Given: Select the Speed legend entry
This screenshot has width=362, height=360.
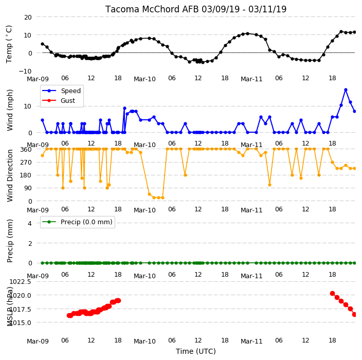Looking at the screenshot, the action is coord(61,91).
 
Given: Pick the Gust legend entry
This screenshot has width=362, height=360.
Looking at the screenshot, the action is coord(59,101).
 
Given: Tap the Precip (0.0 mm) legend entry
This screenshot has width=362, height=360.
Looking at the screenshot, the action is coord(77,222).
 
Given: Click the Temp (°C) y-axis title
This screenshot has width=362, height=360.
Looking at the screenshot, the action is coord(9,44).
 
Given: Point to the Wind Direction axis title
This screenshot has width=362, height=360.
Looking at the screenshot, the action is coord(10,175).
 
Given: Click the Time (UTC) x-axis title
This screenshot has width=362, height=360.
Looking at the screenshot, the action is coord(196,351).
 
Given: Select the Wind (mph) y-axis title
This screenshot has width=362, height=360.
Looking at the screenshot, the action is coord(10,110).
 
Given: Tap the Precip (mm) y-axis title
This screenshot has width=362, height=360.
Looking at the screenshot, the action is coord(10,241).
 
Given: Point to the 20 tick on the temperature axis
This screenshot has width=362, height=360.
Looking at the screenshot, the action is coord(28,17).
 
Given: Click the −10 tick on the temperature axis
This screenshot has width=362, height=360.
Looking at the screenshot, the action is coord(25,71).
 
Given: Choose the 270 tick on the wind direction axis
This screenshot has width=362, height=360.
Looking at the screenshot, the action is coord(26,163).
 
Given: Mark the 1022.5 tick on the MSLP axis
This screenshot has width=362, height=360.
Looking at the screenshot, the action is coord(20,282).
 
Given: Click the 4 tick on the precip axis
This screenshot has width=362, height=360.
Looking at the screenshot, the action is coord(30,223).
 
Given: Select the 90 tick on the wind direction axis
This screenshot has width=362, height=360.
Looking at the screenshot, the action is coord(28,188).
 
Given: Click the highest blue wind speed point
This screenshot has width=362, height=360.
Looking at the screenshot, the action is coord(346,90).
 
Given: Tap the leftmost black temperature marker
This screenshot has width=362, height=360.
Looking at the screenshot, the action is coord(43,44).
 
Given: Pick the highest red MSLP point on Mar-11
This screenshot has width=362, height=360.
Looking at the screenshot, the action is coord(333,294).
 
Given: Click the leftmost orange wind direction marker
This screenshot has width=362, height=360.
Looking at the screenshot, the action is coord(43,156).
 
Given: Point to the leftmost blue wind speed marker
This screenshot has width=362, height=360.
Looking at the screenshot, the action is coord(43,120).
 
